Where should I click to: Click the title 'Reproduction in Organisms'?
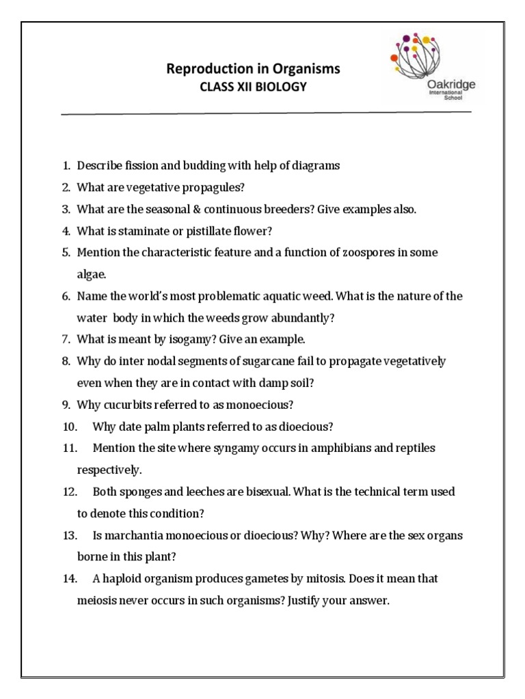pyautogui.click(x=253, y=69)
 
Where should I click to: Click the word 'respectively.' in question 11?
pyautogui.click(x=109, y=470)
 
